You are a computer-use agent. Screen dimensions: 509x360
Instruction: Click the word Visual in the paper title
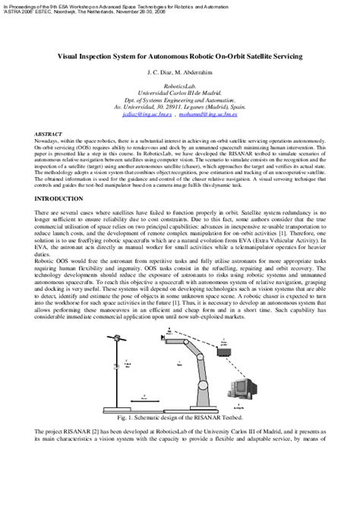[x=74, y=56]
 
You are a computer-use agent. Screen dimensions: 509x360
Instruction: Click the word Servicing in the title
[x=286, y=56]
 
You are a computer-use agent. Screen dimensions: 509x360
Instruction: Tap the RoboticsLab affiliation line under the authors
[x=180, y=87]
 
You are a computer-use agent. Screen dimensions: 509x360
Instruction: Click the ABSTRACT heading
[x=49, y=132]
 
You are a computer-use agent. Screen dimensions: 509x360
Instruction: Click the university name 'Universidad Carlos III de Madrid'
[x=180, y=94]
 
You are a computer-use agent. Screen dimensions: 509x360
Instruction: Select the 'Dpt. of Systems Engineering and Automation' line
[x=180, y=102]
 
